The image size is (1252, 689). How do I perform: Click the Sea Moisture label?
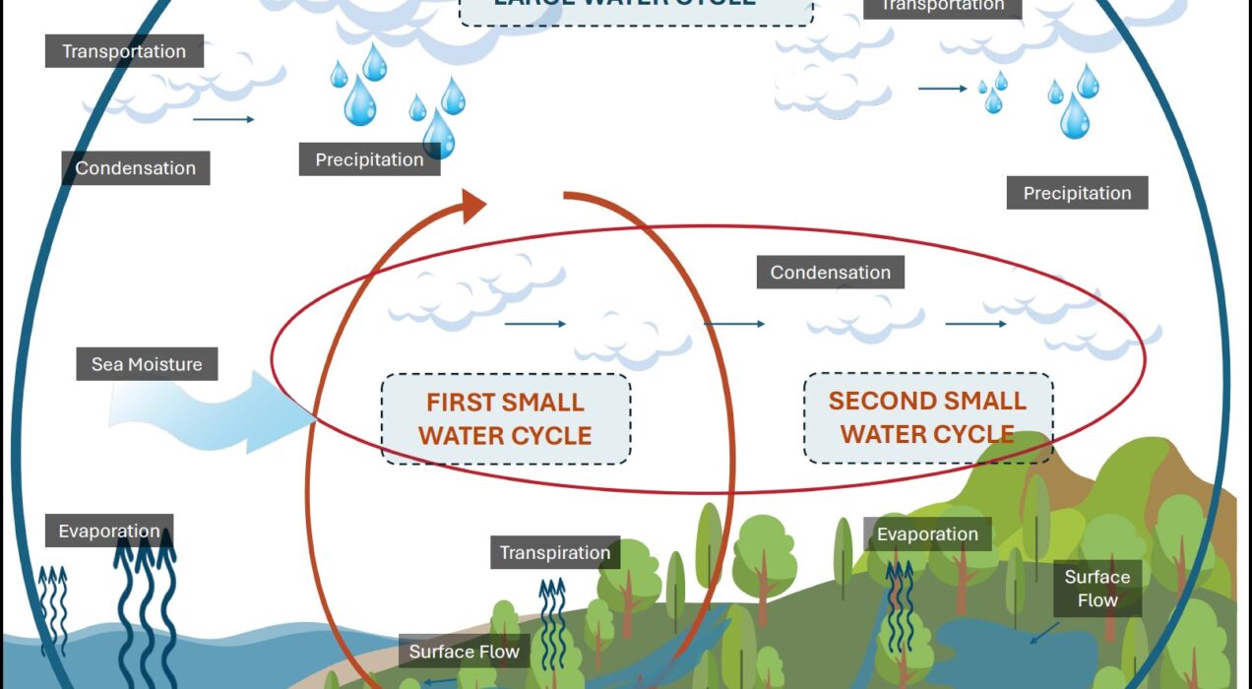pyautogui.click(x=147, y=364)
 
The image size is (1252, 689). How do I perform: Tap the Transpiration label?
pyautogui.click(x=555, y=552)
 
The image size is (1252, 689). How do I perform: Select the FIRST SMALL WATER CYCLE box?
pyautogui.click(x=506, y=418)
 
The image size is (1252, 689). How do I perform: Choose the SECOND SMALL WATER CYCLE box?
pyautogui.click(x=927, y=417)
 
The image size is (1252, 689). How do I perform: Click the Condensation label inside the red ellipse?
pyautogui.click(x=830, y=273)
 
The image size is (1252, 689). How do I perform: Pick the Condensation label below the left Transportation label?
pyautogui.click(x=136, y=168)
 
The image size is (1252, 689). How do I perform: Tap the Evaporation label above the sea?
pyautogui.click(x=109, y=532)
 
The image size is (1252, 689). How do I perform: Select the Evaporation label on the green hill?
pyautogui.click(x=927, y=534)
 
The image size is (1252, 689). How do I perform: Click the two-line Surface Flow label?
pyautogui.click(x=1097, y=589)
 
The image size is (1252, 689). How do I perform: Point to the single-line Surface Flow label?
pyautogui.click(x=465, y=652)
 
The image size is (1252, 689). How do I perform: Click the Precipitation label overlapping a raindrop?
pyautogui.click(x=369, y=159)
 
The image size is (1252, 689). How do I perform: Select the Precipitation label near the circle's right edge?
pyautogui.click(x=1077, y=193)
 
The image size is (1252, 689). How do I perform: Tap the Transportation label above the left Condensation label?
pyautogui.click(x=124, y=51)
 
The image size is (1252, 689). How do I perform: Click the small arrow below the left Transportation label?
pyautogui.click(x=223, y=119)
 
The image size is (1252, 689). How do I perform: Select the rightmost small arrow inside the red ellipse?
pyautogui.click(x=975, y=324)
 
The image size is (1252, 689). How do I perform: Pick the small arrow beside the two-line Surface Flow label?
pyautogui.click(x=1042, y=632)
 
